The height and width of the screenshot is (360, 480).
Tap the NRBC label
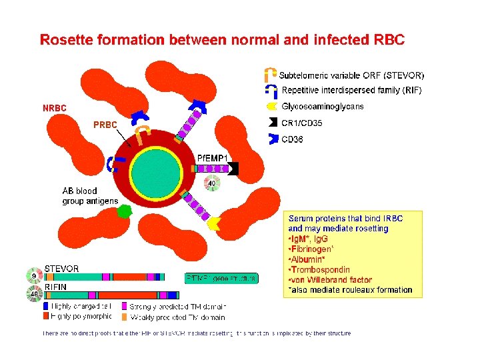pos(54,108)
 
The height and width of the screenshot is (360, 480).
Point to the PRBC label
pos(105,125)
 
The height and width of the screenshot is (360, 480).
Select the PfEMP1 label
pos(213,157)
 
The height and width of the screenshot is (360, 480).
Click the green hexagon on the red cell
pos(124,213)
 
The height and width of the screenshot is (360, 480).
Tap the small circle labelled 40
pos(212,183)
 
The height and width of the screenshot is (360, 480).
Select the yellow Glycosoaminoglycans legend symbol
pos(271,106)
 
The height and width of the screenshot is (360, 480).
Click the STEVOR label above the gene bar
pos(61,269)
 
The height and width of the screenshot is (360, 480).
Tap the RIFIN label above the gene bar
pos(57,287)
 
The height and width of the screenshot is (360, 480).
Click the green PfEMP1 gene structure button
pos(221,278)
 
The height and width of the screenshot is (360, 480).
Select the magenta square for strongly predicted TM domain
pos(125,307)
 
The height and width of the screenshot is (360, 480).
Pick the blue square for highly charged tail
pos(46,307)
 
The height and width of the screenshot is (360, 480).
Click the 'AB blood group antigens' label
pos(90,196)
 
